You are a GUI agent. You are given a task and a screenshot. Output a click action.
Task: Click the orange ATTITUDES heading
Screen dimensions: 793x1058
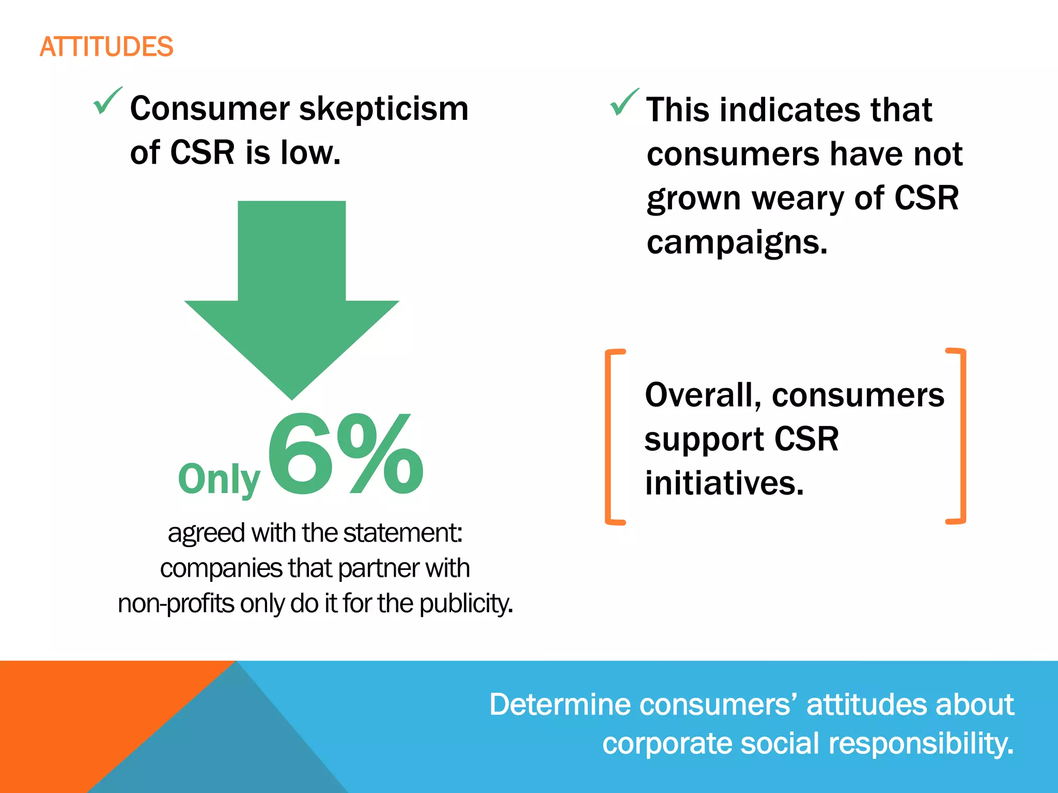106,47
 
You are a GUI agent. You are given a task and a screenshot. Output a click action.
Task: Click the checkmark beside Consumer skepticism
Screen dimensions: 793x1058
107,101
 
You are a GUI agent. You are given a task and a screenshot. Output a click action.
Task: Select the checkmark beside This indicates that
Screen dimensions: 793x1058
624,102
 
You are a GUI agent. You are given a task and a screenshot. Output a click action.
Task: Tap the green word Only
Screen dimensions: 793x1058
219,479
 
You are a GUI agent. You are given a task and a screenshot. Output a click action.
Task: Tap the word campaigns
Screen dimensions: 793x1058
737,242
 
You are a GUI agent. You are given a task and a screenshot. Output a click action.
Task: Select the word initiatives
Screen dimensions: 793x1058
724,483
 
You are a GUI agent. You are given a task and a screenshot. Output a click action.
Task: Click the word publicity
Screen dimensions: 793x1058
466,604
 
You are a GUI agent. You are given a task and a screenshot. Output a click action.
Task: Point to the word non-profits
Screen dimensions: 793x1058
176,604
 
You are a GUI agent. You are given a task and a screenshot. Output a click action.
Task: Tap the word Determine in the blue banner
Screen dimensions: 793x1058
560,705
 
